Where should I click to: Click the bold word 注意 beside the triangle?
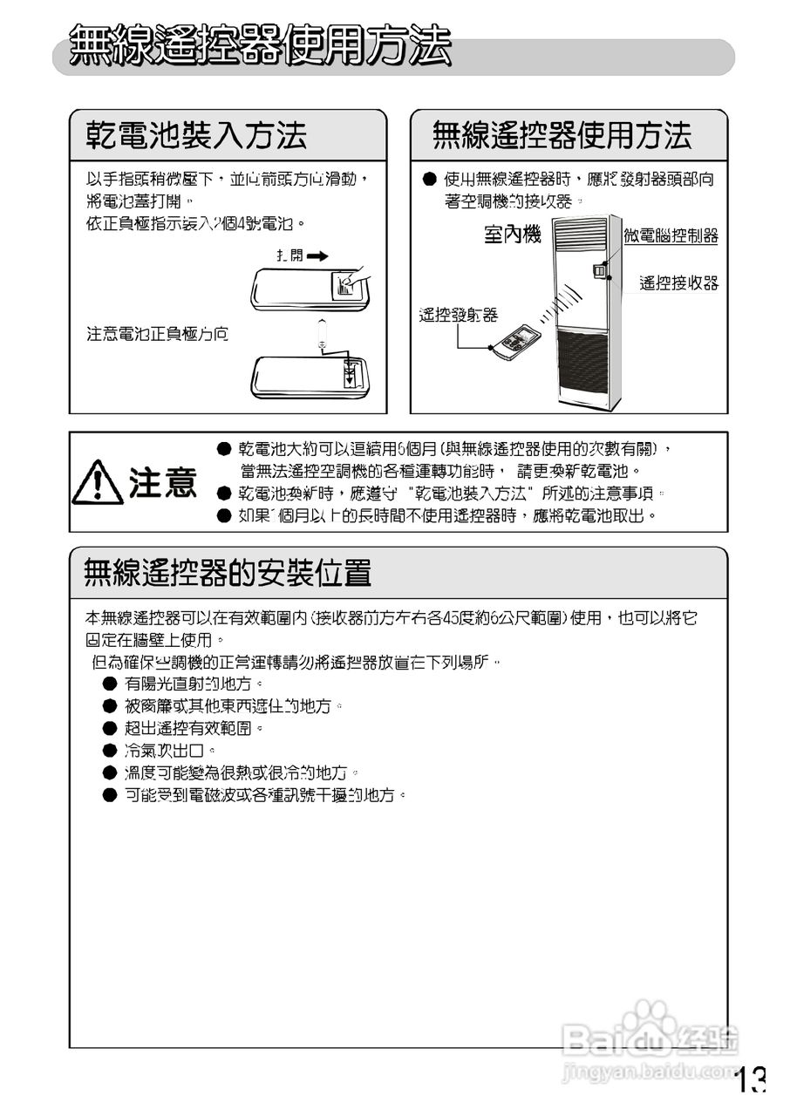point(163,482)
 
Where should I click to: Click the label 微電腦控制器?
point(671,235)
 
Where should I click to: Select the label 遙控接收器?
point(678,282)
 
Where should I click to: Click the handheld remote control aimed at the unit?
point(515,341)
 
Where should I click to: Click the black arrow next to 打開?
point(317,256)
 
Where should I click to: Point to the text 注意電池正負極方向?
point(157,334)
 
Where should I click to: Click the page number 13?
point(750,1082)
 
